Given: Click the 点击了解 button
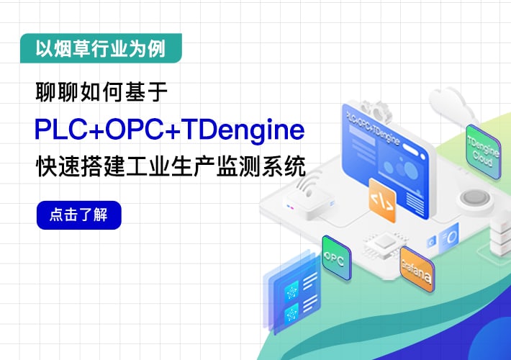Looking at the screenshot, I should (x=78, y=215).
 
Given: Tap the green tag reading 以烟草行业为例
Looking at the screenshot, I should (x=100, y=49).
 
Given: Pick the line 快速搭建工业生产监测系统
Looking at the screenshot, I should (x=170, y=167).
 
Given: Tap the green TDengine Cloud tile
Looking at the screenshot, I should (x=482, y=148).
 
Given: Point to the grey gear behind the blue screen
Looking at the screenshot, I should (x=374, y=108).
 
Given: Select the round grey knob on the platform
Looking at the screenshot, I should (x=474, y=198).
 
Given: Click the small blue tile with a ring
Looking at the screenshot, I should (x=449, y=238).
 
